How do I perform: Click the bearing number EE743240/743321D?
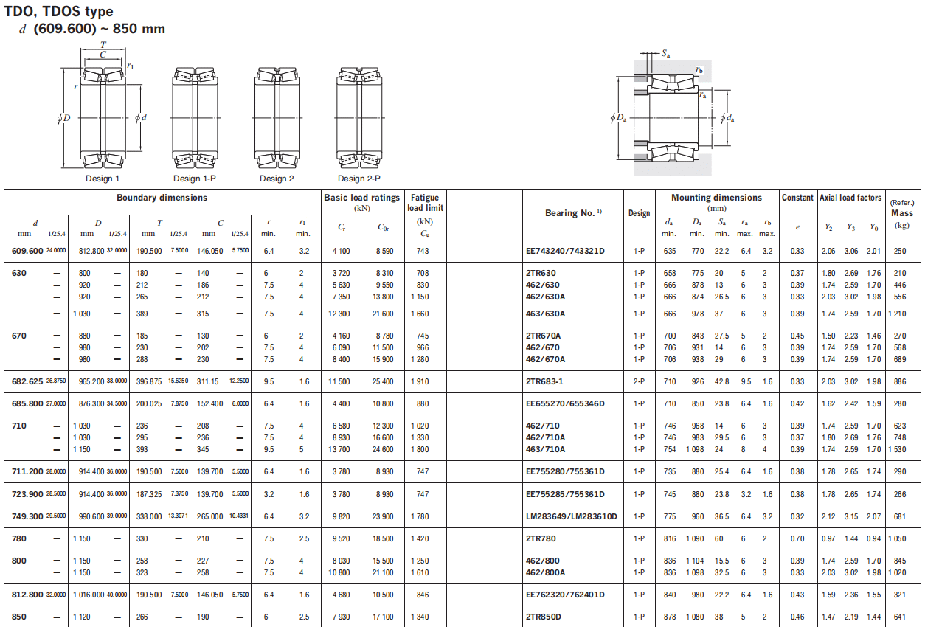(565, 251)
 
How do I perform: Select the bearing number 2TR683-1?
(544, 381)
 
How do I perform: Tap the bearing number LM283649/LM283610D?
(572, 516)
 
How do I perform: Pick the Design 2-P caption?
(358, 179)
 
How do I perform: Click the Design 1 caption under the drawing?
(103, 179)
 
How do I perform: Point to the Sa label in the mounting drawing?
(665, 53)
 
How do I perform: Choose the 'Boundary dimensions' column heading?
(162, 198)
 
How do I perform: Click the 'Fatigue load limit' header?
(426, 203)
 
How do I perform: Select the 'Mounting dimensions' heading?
(716, 198)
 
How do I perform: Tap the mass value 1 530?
(897, 449)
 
